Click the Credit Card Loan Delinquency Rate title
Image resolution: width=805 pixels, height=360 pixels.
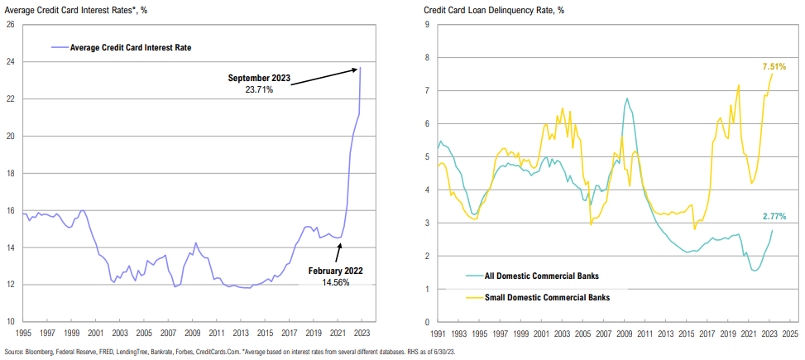495,9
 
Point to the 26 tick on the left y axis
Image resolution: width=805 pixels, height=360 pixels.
9,24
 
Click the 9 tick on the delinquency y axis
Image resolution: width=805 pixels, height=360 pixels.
426,24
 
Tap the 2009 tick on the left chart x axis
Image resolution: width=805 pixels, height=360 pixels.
193,334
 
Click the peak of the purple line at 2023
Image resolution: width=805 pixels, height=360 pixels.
361,67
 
